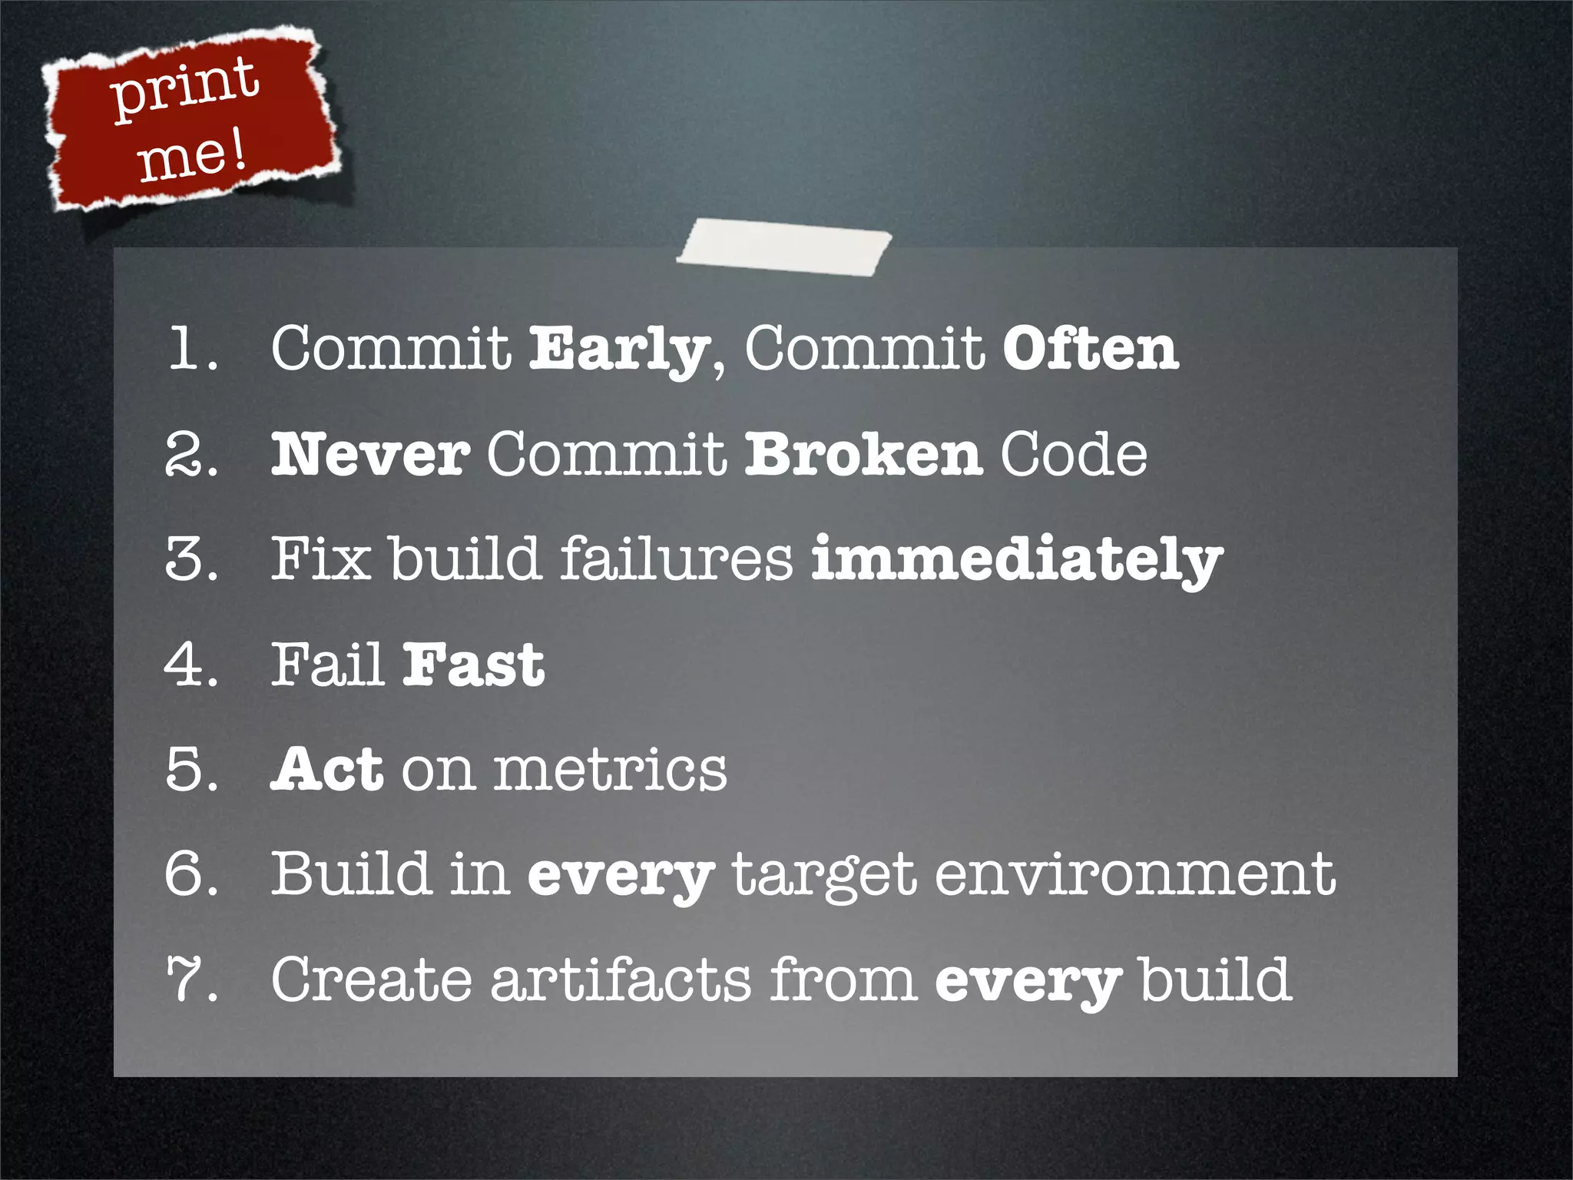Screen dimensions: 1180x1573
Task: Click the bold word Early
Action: pos(618,350)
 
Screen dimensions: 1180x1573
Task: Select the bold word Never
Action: pos(370,454)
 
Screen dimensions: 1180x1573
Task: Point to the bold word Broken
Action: pos(863,454)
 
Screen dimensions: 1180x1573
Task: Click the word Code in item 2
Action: pos(1074,454)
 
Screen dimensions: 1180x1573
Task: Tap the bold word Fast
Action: pos(474,665)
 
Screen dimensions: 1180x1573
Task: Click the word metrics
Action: pos(610,771)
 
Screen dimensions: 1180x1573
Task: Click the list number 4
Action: pos(187,665)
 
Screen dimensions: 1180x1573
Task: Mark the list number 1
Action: pos(189,350)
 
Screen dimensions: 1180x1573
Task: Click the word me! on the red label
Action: pos(192,156)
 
